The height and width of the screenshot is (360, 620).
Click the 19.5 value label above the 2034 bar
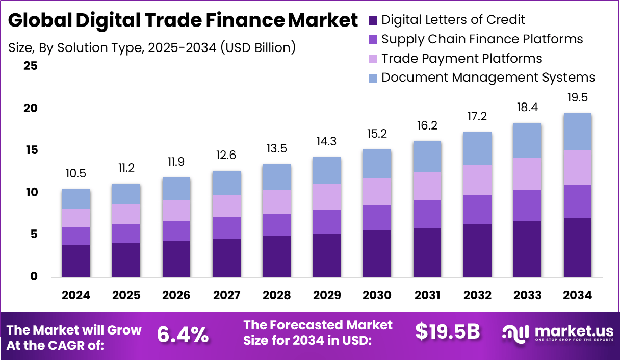578,97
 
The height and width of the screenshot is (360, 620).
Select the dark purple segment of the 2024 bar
76,261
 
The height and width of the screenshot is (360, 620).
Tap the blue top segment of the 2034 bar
578,132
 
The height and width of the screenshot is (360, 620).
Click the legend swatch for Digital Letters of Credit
373,20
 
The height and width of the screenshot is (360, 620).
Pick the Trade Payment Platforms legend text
461,58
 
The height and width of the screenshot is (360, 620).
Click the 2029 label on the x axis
327,295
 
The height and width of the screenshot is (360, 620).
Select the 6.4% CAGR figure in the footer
183,335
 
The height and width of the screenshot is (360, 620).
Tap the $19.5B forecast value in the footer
447,331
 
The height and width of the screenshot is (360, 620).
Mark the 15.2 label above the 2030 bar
377,134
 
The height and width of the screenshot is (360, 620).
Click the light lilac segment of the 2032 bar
477,180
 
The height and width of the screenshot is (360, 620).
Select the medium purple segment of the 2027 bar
226,227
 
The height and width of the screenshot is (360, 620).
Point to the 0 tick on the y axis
33,276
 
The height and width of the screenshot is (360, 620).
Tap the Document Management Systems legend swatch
373,78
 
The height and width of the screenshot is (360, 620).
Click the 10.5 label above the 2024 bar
76,174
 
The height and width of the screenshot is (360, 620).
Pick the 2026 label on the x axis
176,295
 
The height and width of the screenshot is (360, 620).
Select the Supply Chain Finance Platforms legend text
482,39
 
